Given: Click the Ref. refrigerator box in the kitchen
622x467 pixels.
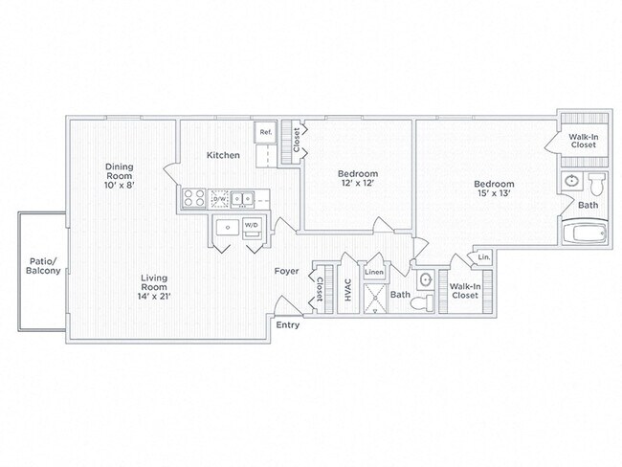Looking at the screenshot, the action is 266,132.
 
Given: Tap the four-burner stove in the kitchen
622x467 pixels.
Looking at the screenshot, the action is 193,198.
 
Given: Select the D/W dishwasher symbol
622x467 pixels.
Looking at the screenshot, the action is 219,198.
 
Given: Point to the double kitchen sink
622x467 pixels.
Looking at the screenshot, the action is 242,198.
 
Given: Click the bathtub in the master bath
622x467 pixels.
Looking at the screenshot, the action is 585,233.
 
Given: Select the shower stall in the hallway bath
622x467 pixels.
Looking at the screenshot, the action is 375,299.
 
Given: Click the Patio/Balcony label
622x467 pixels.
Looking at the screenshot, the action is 43,266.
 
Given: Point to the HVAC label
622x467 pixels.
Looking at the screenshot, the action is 348,290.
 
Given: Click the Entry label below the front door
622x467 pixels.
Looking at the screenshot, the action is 288,325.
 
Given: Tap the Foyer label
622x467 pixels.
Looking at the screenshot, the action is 286,272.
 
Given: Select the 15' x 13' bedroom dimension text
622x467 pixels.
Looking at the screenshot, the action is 494,193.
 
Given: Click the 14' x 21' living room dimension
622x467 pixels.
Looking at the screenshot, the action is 154,296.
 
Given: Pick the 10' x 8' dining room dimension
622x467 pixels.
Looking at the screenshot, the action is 120,185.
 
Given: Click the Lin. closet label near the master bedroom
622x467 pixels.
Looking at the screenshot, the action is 484,257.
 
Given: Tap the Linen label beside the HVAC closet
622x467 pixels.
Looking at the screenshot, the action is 374,272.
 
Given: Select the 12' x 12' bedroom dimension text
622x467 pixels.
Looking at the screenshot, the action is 358,183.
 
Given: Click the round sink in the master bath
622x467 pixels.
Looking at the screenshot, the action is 572,181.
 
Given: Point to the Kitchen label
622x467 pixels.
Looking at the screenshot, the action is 223,155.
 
